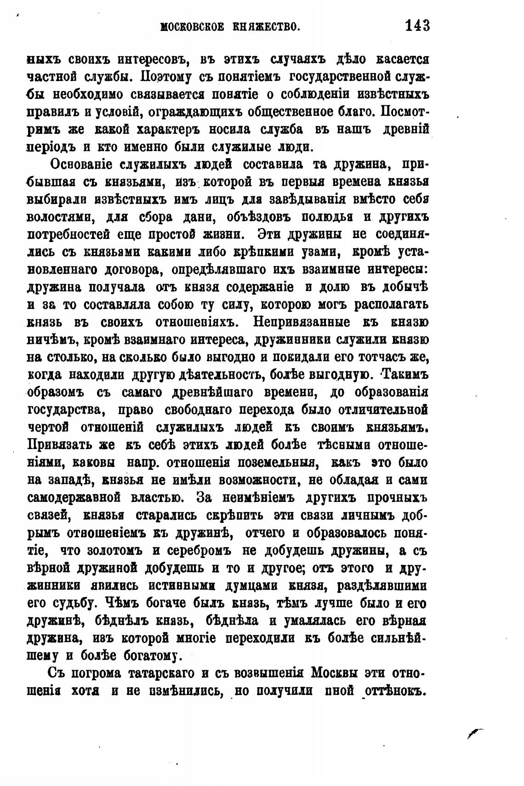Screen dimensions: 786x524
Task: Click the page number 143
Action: (417, 25)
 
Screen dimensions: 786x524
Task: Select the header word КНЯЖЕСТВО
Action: (267, 27)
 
